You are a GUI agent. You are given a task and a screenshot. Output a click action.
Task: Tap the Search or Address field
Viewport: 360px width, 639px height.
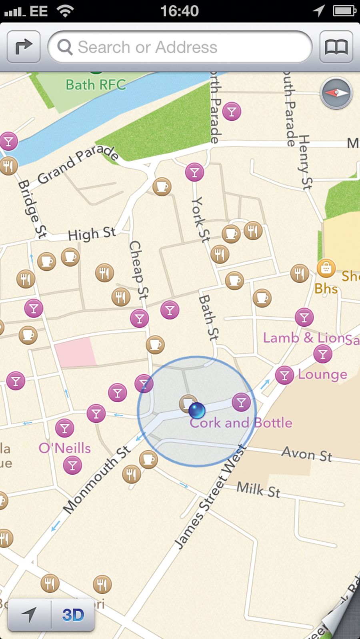(x=180, y=47)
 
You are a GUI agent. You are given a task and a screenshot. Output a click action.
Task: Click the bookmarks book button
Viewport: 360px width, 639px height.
(x=336, y=47)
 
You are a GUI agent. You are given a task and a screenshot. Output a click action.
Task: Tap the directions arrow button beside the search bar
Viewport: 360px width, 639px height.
(x=24, y=47)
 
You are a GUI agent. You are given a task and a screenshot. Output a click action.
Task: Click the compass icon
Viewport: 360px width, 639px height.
(x=336, y=93)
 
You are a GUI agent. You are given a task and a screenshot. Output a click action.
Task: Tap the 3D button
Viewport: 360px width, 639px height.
(x=73, y=615)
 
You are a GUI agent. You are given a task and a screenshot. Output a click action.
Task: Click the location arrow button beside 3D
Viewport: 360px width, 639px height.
(x=29, y=615)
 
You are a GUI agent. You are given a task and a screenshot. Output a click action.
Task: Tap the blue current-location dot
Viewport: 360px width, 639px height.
(x=196, y=410)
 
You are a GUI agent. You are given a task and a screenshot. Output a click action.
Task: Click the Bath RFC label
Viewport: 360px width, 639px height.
(x=96, y=85)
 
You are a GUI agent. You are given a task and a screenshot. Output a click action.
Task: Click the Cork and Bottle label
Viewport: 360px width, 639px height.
(x=241, y=423)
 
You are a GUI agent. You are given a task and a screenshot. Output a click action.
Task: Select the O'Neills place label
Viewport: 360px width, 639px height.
(x=65, y=448)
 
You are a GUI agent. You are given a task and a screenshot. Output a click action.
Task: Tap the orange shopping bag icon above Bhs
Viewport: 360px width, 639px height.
(x=326, y=268)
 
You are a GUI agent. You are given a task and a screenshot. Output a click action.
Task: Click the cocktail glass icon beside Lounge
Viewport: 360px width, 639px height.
(x=285, y=375)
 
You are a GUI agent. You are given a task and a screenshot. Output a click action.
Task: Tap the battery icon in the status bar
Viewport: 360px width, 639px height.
(x=344, y=11)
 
